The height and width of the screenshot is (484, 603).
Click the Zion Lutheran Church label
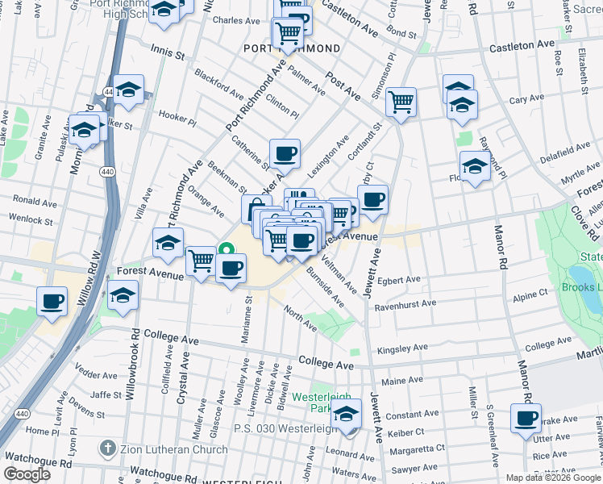click(x=173, y=448)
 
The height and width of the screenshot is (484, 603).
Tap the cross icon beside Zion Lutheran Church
click(x=107, y=448)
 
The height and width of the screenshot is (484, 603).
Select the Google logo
click(x=27, y=474)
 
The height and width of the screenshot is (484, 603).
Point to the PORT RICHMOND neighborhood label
click(x=292, y=48)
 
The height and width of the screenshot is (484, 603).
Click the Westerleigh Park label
click(x=311, y=403)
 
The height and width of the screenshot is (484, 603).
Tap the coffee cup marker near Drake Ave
click(x=526, y=418)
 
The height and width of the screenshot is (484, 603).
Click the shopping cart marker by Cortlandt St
click(x=401, y=102)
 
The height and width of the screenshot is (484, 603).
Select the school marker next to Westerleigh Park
click(x=347, y=415)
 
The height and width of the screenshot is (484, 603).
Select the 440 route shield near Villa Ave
click(x=107, y=172)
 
